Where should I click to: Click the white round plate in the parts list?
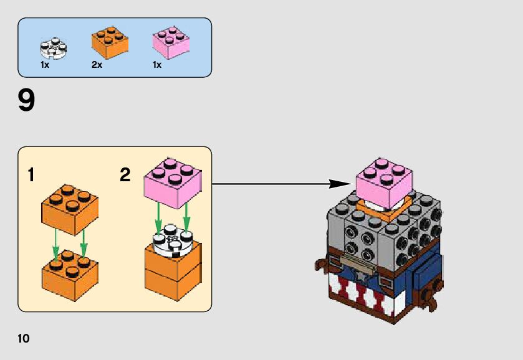click(x=54, y=47)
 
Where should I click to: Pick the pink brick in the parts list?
click(x=171, y=42)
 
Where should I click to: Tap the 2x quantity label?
click(x=97, y=65)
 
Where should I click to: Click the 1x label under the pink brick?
click(x=157, y=65)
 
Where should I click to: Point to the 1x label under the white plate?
click(x=45, y=65)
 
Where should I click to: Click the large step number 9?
click(x=27, y=101)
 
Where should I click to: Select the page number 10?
click(x=23, y=339)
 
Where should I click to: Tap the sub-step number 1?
click(x=31, y=176)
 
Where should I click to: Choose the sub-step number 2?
click(x=125, y=176)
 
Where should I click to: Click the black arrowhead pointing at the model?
click(x=340, y=184)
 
